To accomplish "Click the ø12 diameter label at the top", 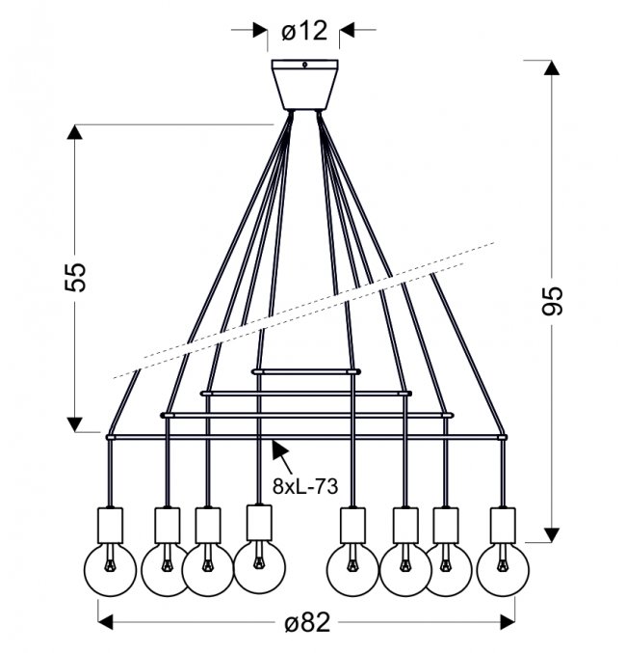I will pyautogui.click(x=304, y=30).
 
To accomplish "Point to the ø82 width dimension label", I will pyautogui.click(x=306, y=622).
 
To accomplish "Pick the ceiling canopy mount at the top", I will pyautogui.click(x=305, y=85).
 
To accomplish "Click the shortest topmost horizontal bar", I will pyautogui.click(x=305, y=369).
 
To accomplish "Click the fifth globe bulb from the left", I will pyautogui.click(x=351, y=569).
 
